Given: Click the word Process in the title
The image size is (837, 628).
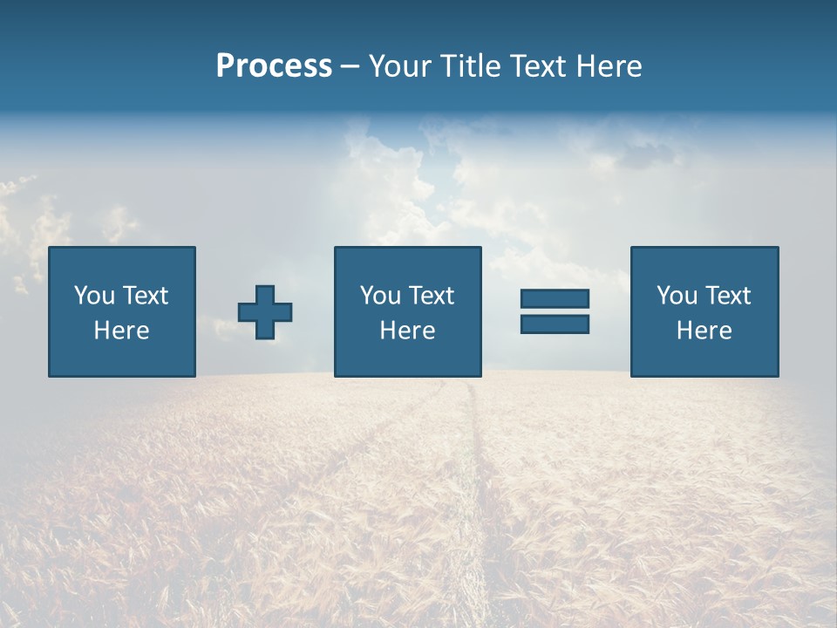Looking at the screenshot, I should point(274,66).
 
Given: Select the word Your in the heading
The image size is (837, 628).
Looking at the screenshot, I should point(402,66).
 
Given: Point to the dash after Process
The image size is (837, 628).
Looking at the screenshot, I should point(350,67).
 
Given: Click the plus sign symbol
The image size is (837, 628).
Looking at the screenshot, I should point(265,312).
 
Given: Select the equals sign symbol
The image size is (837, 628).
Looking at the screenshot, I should point(555,311).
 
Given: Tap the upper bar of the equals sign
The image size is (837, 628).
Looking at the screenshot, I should point(555,299).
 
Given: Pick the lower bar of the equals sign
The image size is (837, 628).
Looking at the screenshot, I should point(555,324).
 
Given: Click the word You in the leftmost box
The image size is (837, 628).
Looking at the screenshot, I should point(93,296).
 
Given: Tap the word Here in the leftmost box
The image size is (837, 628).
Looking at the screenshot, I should point(122,331).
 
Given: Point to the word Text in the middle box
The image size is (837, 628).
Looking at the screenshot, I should point(431,296).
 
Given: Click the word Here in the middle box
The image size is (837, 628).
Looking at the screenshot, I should point(407,331).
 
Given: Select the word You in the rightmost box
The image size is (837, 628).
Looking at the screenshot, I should point(676,296).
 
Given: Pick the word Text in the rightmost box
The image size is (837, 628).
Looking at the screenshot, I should point(727,296).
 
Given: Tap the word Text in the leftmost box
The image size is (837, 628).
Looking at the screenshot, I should point(145,296).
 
